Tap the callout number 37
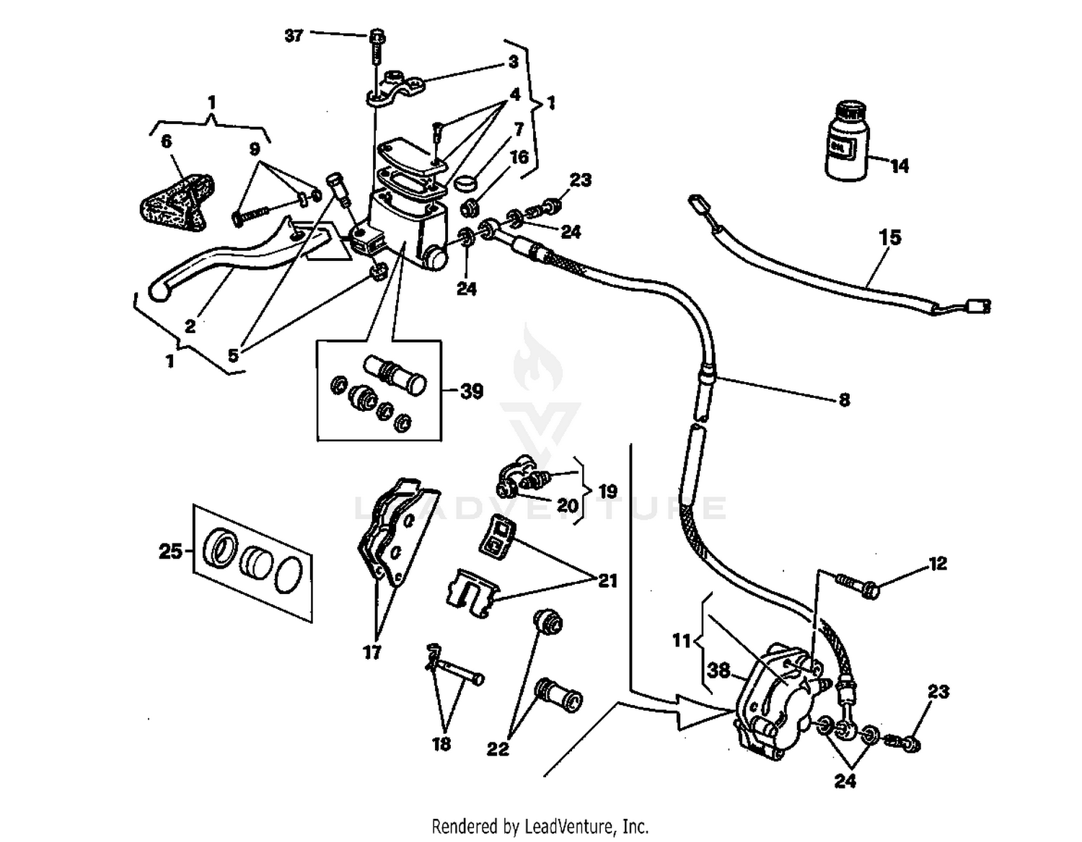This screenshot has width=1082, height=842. point(294,35)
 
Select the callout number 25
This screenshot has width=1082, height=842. point(170,552)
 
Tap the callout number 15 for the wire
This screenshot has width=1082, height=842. point(890,237)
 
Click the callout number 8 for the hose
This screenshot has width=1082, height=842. point(844,399)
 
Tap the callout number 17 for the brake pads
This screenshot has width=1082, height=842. point(371,652)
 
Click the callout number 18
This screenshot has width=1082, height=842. point(441,743)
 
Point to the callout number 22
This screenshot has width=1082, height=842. point(498,749)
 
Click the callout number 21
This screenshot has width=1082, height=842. point(607,580)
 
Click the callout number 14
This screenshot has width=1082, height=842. point(899,166)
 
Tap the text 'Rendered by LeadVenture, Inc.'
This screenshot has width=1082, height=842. point(540,825)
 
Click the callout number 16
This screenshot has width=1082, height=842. point(519,157)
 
